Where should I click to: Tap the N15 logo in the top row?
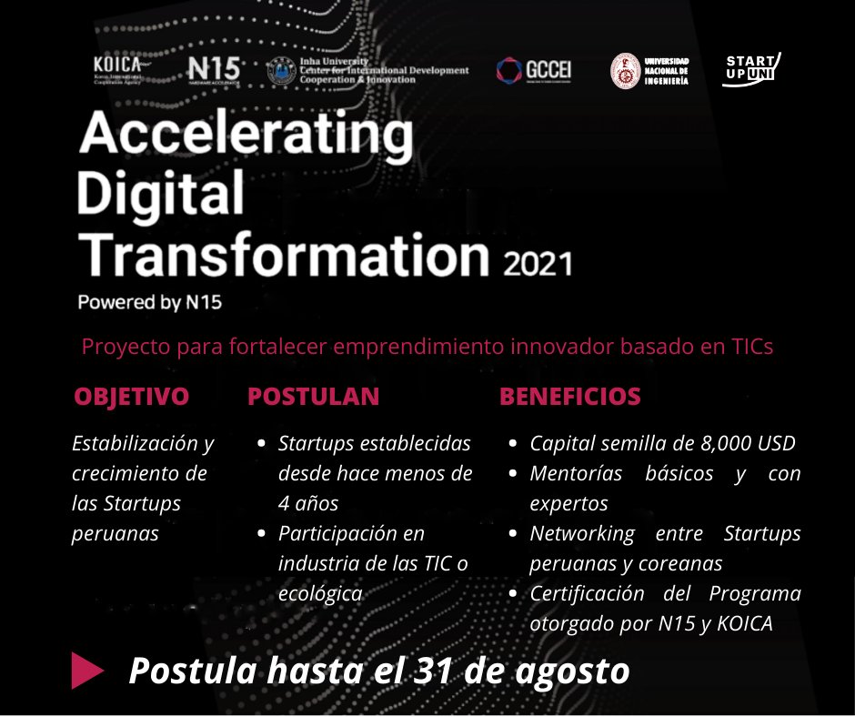point(214,70)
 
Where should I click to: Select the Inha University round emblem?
point(278,71)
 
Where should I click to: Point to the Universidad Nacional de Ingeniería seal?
point(625,71)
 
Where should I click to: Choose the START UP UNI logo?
point(751,69)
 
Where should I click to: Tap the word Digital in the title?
point(162,194)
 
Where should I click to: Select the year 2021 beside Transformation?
point(538,264)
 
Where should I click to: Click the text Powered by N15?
point(150,302)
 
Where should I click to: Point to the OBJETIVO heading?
point(132,397)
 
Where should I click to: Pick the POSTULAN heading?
point(313,397)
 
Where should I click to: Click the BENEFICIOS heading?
point(570,397)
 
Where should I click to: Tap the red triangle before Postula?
point(88,671)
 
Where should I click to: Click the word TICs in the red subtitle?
point(747,347)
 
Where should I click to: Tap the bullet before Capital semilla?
point(513,444)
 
